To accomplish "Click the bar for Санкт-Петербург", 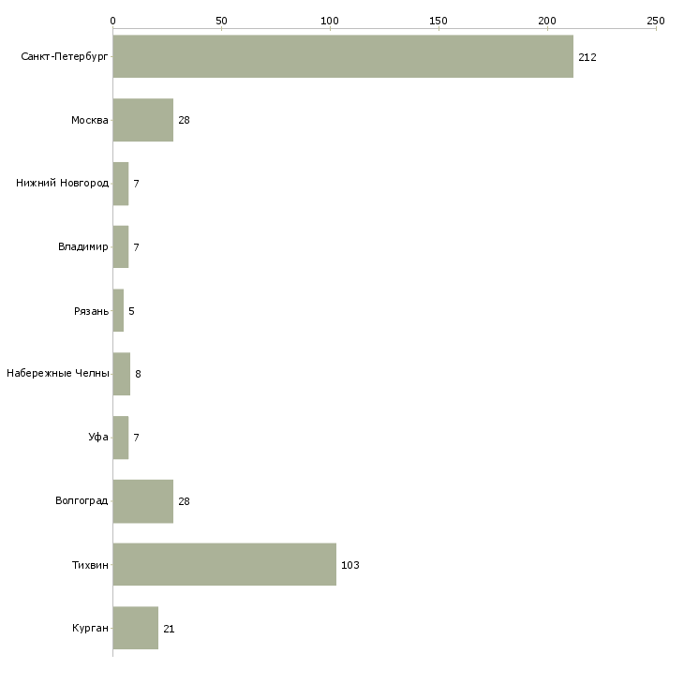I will (x=343, y=56).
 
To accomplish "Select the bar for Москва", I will (x=143, y=120).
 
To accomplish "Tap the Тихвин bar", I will (x=225, y=564).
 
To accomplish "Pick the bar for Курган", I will (x=136, y=628).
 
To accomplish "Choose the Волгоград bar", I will (x=143, y=501).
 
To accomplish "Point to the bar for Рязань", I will (x=118, y=310).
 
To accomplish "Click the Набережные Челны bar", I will (x=122, y=374).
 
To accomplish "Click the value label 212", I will (x=587, y=57).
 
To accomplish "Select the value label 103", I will (x=350, y=565).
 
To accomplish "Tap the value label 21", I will (x=169, y=629).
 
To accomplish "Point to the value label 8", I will (x=138, y=374).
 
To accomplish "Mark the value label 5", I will (x=131, y=311).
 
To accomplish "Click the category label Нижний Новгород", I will (x=62, y=184).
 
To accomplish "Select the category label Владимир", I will (x=83, y=247).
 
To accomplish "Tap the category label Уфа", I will (x=98, y=438).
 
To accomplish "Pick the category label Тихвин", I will (x=90, y=565).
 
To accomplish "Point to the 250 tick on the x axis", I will (x=656, y=20).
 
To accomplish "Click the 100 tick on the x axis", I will (x=330, y=20).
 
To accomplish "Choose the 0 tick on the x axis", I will (x=112, y=20).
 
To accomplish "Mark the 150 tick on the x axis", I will (x=439, y=20).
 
